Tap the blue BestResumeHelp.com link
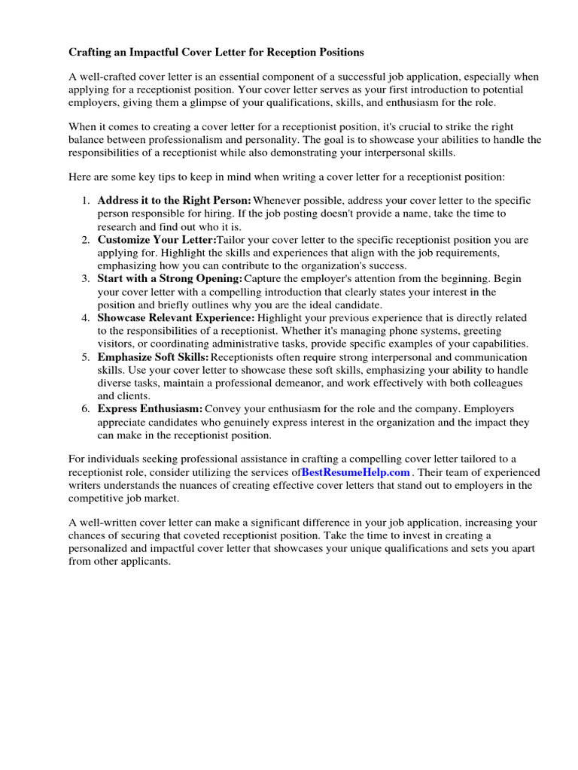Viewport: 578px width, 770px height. click(355, 472)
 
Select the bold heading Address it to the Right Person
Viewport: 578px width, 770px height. click(174, 201)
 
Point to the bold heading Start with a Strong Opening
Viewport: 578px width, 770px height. click(170, 279)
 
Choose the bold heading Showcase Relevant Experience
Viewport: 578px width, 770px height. click(176, 318)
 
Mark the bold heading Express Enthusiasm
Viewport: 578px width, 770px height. click(150, 409)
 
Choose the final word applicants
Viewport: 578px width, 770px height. click(147, 561)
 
